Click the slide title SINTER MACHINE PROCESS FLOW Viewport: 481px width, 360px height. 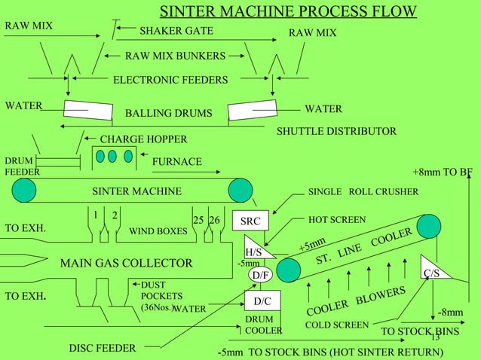288,11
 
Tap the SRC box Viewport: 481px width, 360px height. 249,222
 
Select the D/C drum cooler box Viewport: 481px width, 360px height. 262,302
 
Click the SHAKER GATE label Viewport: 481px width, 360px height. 176,31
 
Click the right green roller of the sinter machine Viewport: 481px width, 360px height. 241,191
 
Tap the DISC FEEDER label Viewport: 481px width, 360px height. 103,348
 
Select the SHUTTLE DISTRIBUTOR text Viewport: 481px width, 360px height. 336,132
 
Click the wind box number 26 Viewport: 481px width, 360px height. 215,220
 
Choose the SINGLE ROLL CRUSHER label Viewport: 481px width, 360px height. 363,191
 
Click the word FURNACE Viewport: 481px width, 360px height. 176,162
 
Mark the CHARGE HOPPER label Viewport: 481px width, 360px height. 143,139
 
